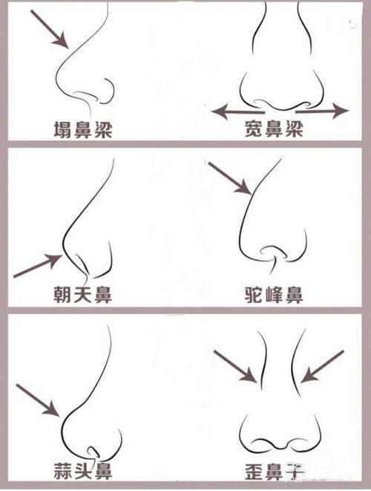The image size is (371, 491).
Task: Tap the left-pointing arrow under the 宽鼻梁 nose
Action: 233,111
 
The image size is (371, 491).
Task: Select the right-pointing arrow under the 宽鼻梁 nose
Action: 326,111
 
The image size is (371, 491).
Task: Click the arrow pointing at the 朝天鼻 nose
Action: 37,267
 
